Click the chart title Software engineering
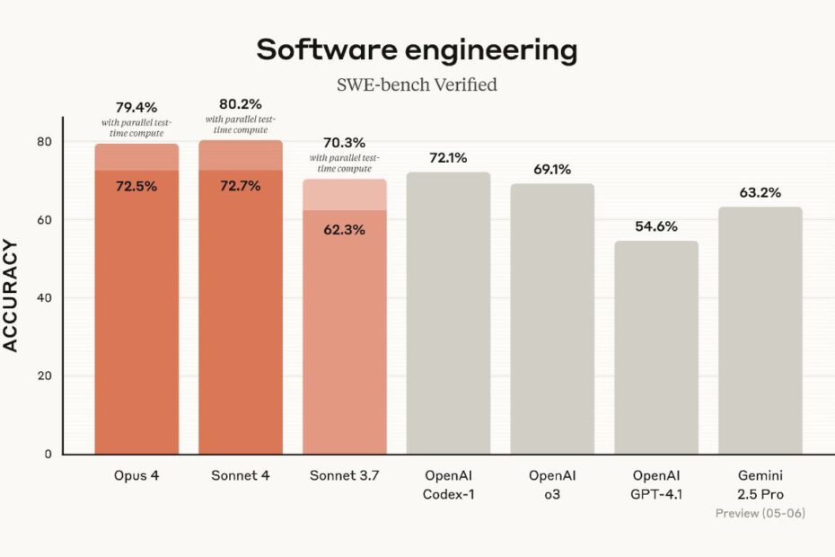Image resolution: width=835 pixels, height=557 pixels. click(417, 50)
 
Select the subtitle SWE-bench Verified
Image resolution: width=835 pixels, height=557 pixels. click(417, 85)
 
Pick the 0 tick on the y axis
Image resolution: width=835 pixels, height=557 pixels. click(47, 454)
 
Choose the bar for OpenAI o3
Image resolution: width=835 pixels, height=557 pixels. click(552, 318)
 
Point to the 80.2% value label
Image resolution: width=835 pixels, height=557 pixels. click(241, 103)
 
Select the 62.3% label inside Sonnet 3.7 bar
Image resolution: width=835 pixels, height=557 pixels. click(345, 229)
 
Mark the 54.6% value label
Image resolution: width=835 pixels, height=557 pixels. click(656, 226)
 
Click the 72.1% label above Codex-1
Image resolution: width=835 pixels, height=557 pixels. click(449, 158)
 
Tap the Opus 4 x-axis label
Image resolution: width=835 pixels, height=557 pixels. click(136, 474)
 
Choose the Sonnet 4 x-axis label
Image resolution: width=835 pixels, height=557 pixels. click(241, 474)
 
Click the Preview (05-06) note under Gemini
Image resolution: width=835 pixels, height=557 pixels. click(760, 513)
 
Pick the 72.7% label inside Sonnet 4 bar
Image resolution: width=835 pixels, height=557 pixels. click(241, 187)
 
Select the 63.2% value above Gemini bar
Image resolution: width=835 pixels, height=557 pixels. click(760, 192)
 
